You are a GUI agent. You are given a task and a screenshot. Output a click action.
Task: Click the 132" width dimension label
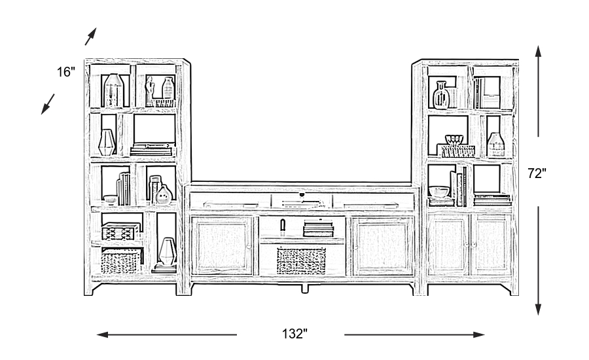[x=295, y=334]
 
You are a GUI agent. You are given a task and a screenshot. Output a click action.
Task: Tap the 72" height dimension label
[x=537, y=173]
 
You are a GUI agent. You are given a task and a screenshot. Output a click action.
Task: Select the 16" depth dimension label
[x=66, y=72]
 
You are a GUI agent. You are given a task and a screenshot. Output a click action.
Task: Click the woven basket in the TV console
[x=301, y=261]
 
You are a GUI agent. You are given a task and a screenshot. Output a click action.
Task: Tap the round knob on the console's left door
[x=249, y=246]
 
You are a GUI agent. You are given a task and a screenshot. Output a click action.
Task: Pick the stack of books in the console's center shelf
[x=319, y=228]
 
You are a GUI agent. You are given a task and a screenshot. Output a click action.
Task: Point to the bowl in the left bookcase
[x=109, y=200]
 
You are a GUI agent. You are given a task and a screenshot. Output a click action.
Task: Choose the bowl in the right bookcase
[x=440, y=192]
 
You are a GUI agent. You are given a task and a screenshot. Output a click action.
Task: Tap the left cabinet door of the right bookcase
[x=448, y=245]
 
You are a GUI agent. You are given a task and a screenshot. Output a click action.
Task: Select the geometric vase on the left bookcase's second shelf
[x=107, y=142]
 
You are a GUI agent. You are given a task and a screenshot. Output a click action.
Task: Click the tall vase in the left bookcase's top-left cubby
[x=113, y=90]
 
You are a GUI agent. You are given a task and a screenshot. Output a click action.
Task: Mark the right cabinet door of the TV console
[x=382, y=245]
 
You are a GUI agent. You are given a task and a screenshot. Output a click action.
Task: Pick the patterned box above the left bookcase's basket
[x=119, y=232]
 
